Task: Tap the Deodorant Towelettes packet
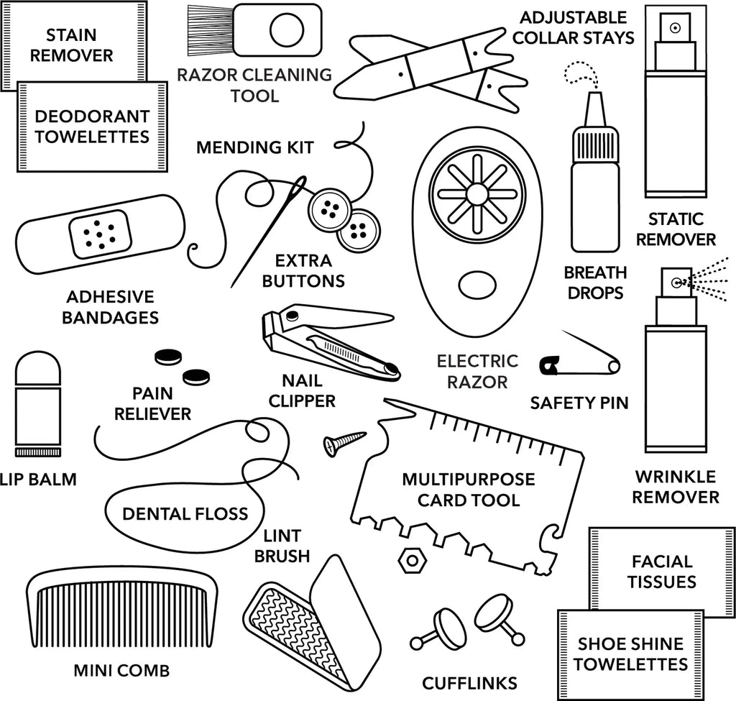click(93, 126)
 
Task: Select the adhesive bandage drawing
click(99, 234)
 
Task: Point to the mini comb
click(122, 611)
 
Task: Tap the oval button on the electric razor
click(475, 283)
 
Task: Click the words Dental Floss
click(185, 513)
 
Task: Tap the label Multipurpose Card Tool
click(468, 489)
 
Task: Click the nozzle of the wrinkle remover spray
click(676, 283)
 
